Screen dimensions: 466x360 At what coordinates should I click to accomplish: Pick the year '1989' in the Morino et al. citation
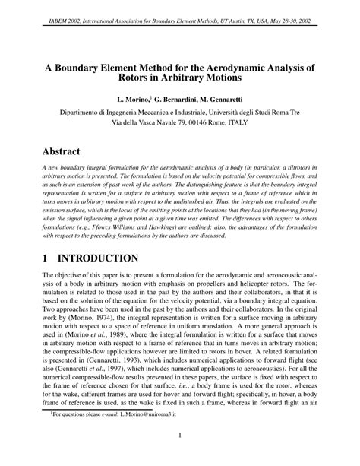125,354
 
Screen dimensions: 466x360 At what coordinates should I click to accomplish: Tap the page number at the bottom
179,456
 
